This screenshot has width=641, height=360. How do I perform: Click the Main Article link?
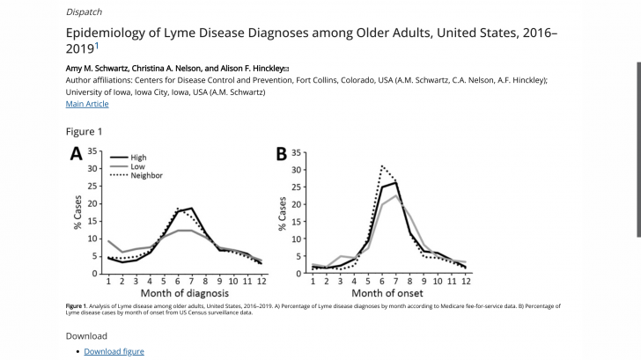[x=87, y=104]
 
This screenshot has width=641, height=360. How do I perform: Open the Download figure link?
[x=114, y=351]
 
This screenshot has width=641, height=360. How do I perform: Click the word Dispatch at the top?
[x=84, y=11]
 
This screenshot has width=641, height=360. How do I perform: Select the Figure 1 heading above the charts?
[x=85, y=131]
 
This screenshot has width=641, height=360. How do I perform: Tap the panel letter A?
[x=77, y=154]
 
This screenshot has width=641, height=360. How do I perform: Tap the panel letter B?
[x=282, y=154]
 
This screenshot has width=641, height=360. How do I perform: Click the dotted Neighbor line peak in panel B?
[x=381, y=165]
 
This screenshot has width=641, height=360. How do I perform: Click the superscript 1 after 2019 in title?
[x=97, y=44]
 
